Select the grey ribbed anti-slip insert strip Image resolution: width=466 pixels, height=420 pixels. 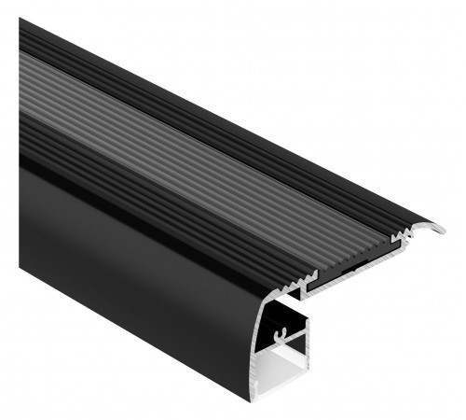(x=186, y=149)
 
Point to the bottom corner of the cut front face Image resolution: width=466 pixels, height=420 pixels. (x=253, y=399)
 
